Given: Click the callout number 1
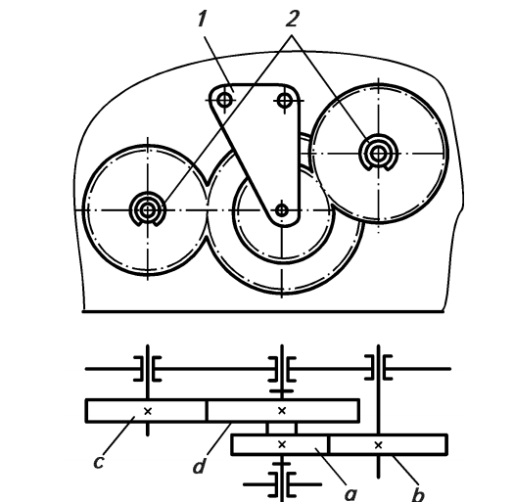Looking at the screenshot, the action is point(203,19).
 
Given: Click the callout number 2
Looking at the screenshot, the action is point(292,19).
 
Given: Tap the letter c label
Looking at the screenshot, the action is point(99,462).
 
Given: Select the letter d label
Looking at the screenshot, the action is point(200,466).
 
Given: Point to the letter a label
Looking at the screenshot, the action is point(350,493).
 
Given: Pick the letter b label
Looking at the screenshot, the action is point(418,494).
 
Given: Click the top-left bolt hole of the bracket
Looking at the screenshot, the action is point(224,100).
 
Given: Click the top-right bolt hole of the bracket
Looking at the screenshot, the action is point(285,100).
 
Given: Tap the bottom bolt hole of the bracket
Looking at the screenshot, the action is point(282,210).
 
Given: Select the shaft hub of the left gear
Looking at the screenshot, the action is point(148,210).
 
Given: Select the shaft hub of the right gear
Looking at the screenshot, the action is point(379,153).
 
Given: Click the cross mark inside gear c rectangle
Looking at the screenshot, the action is point(148,411).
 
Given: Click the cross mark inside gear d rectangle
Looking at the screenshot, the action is point(282,410).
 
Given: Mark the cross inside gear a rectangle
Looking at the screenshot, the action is point(282,444).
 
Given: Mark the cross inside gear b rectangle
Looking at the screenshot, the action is point(378,445).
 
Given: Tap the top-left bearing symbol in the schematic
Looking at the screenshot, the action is point(148,369).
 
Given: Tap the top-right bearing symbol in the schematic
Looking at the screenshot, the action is point(379,368).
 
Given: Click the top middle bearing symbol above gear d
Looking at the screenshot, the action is point(282,369).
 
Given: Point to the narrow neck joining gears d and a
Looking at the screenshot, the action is point(282,429).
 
